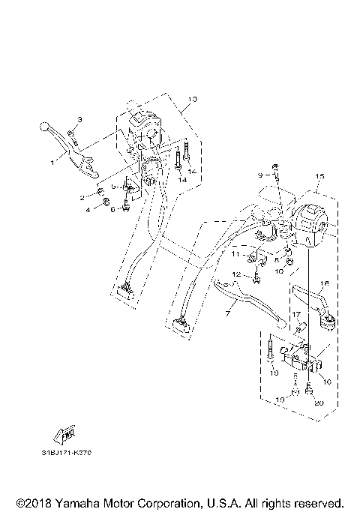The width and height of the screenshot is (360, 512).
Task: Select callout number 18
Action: click(x=325, y=284)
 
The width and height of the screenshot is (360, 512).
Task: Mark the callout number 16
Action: click(x=327, y=381)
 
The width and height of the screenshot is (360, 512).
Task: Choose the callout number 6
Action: click(x=113, y=210)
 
